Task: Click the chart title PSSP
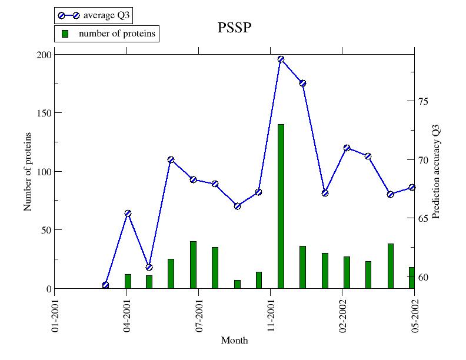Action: pos(235,28)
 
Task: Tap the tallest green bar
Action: pos(281,206)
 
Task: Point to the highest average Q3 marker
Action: pos(281,59)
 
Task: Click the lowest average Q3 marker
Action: pos(105,285)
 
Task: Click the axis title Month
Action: pos(234,341)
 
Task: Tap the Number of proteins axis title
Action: pos(28,172)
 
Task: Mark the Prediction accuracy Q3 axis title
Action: pos(436,171)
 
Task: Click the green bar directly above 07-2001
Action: pos(193,265)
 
